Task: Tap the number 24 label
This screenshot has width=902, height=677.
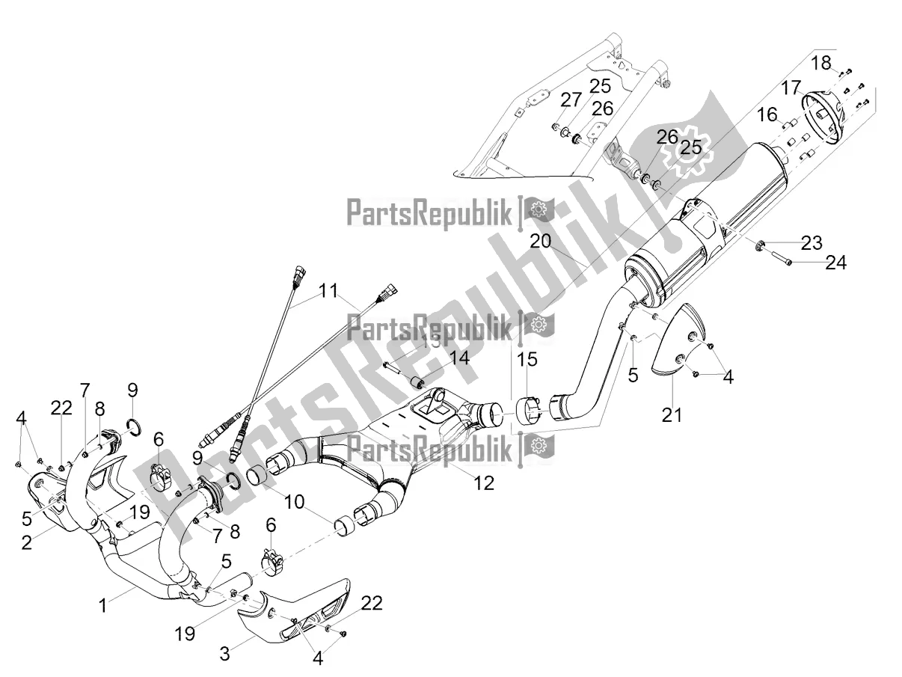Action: [x=836, y=263]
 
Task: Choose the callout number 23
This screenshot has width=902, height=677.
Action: [x=812, y=242]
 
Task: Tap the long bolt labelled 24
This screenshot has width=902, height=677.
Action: [x=777, y=262]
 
